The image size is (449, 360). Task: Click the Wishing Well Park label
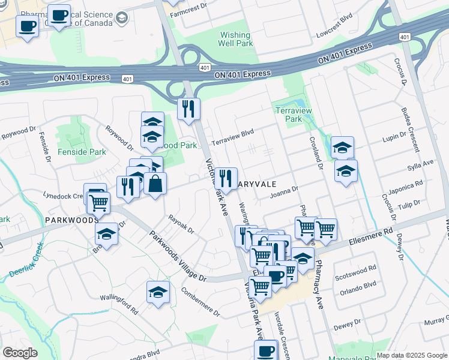[x=235, y=39]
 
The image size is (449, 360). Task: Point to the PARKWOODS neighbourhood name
[x=71, y=220]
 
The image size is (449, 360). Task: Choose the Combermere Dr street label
[x=200, y=301]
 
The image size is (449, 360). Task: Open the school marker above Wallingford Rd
[x=158, y=292]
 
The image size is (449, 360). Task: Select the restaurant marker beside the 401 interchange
[x=188, y=109]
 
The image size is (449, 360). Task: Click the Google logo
[x=19, y=353]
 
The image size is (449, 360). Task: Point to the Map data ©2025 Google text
[x=411, y=355]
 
